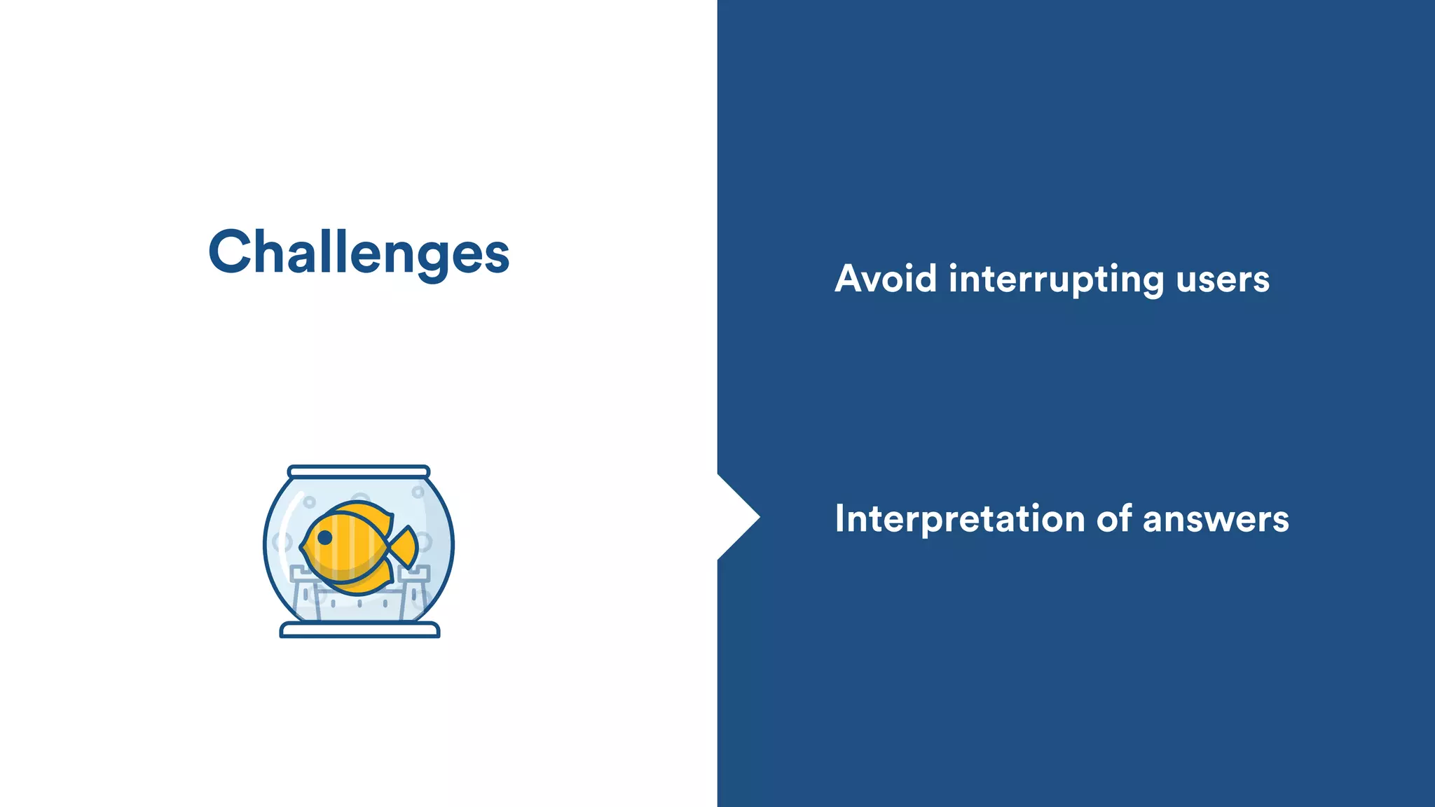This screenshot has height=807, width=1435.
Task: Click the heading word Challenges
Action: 359,252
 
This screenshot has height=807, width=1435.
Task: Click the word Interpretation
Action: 959,520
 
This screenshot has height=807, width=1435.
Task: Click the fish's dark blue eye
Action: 325,537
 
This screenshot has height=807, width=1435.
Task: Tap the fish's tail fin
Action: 406,546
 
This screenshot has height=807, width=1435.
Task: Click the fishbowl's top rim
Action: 359,471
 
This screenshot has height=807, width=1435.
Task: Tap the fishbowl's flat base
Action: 359,630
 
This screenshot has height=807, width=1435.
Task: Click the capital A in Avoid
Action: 852,279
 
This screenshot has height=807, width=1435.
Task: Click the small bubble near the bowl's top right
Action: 418,492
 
